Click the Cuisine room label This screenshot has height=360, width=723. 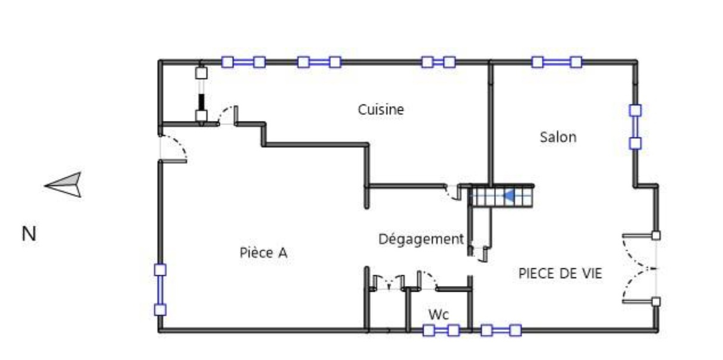tap(380, 110)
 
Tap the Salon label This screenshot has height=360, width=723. tap(558, 137)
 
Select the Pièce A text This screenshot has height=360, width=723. tap(263, 253)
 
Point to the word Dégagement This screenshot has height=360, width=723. tap(421, 239)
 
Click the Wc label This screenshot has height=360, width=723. tap(438, 314)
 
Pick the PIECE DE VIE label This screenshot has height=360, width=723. tap(560, 273)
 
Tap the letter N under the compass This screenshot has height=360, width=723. tap(29, 234)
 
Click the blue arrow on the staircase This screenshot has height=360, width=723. tap(509, 196)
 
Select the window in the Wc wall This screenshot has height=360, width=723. tap(441, 331)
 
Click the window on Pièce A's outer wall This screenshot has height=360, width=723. tap(160, 290)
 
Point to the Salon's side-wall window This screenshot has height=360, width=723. tap(635, 127)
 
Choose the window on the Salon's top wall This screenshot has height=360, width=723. tap(556, 62)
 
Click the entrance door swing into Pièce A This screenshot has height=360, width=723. tap(174, 148)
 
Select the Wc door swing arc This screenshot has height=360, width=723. tap(427, 280)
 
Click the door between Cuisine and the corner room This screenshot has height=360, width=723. tap(228, 116)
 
